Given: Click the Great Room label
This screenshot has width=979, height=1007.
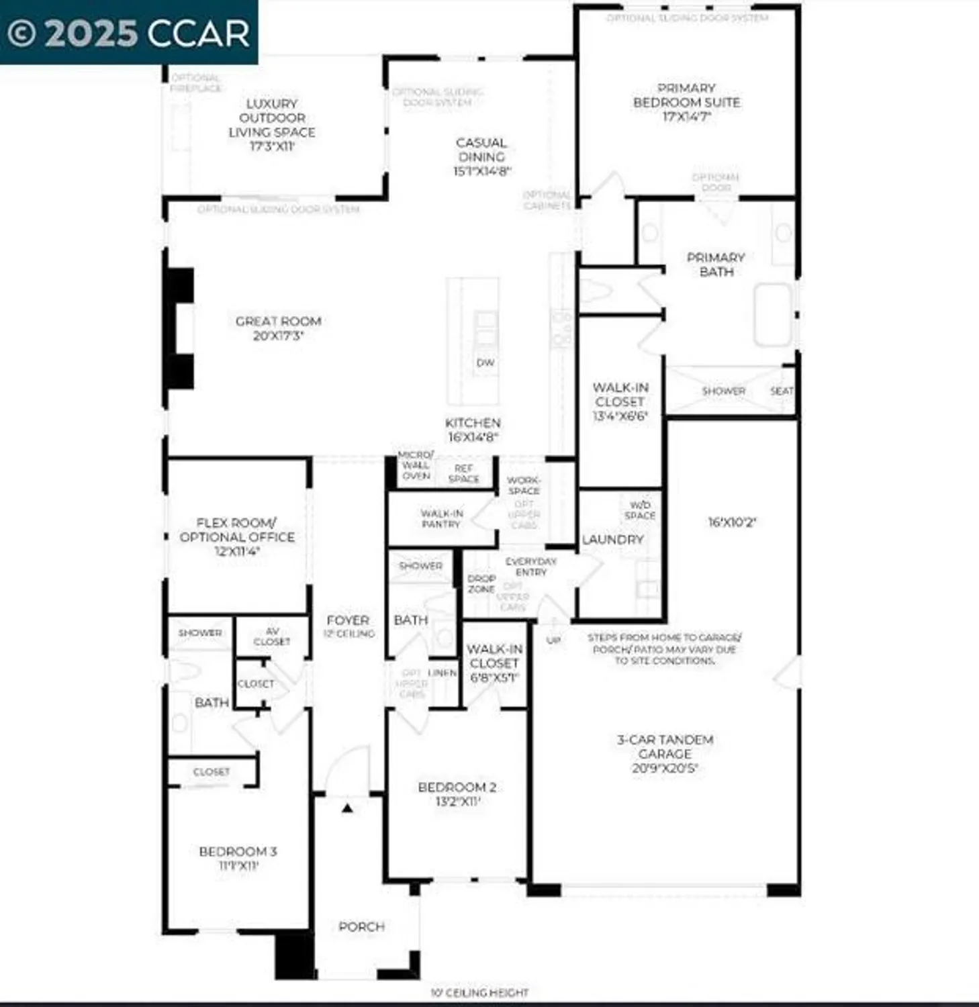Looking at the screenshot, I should (x=278, y=328).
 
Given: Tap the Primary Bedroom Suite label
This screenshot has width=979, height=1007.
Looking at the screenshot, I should (x=686, y=102).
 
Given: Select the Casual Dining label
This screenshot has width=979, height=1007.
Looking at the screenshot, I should (x=481, y=156).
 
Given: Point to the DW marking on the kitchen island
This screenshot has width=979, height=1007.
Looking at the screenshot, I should (x=485, y=363).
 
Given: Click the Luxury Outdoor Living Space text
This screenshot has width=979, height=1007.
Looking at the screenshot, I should (x=271, y=125).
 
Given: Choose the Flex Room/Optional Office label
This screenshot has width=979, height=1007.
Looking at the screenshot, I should (x=237, y=536).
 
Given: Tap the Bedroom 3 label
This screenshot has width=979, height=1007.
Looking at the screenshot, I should (x=238, y=858).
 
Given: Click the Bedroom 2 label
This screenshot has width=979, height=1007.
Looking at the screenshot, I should (x=457, y=794).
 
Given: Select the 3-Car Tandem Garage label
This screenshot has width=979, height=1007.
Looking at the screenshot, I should (x=665, y=753).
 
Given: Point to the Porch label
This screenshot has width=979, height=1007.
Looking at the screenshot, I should (x=361, y=926).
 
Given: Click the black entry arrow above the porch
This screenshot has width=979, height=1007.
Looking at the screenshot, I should (x=347, y=808).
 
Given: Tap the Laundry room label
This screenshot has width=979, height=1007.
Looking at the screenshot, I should (x=612, y=539).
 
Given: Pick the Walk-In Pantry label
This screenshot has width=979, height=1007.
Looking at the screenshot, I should (x=441, y=518).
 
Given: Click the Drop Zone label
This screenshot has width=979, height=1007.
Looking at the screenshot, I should (x=481, y=583).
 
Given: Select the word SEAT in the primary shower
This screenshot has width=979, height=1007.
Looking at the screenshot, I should (x=781, y=391).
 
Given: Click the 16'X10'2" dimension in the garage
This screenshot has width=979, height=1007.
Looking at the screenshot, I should (x=732, y=522).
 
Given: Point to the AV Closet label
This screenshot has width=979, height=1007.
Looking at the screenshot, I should (x=272, y=636).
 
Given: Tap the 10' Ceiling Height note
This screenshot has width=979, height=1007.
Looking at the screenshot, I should (x=479, y=992).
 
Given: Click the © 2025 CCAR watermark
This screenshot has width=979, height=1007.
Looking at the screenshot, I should (x=128, y=33).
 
